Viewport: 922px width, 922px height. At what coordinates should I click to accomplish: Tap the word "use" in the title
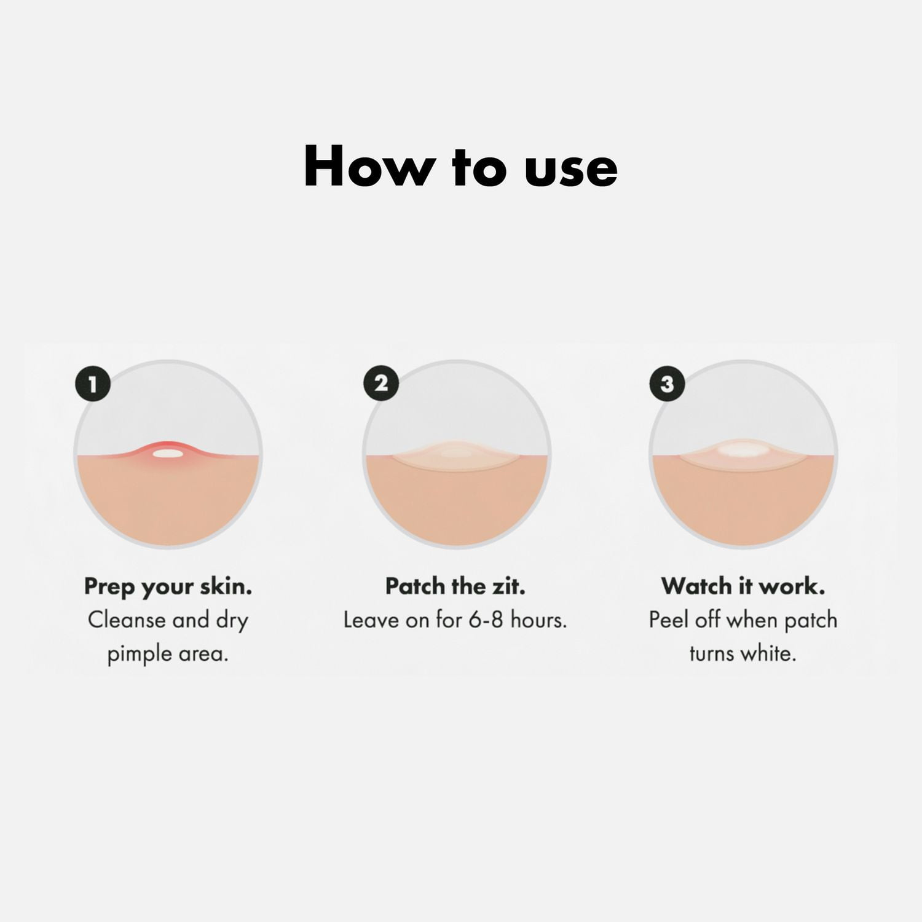[x=571, y=171]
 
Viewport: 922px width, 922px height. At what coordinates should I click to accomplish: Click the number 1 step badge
[x=92, y=385]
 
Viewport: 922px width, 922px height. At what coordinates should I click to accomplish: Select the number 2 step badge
[x=381, y=384]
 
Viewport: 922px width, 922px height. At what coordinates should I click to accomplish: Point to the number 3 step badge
[x=667, y=384]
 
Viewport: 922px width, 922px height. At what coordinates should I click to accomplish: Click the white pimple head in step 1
[x=168, y=454]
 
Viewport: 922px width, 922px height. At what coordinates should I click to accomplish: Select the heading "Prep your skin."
[x=168, y=588]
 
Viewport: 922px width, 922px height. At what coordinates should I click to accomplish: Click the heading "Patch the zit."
[x=455, y=586]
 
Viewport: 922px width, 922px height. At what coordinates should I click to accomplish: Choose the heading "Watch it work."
[x=743, y=586]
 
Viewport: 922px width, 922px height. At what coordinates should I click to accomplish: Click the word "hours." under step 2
[x=538, y=620]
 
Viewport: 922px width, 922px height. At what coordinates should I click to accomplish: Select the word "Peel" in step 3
[x=669, y=620]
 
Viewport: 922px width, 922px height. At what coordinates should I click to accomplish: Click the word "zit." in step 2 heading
[x=508, y=586]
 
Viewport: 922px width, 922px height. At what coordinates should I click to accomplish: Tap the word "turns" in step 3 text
[x=712, y=654]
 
